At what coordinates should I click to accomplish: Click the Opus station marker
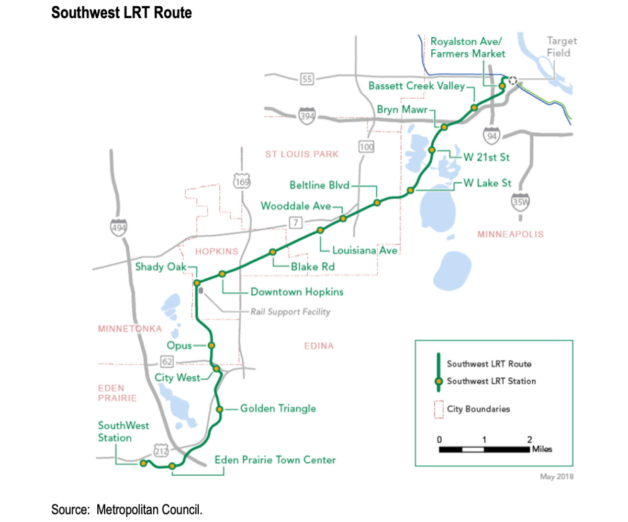[x=211, y=346]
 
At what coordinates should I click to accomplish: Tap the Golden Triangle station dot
[x=220, y=409]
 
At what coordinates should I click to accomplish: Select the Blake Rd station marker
[x=272, y=252]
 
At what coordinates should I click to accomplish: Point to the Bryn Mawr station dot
[x=444, y=127]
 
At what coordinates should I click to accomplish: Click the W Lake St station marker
[x=411, y=190]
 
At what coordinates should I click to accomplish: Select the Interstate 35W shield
[x=520, y=202]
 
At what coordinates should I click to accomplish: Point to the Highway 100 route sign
[x=366, y=147]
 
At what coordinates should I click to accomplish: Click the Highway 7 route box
[x=296, y=224]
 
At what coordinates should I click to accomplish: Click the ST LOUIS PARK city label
[x=302, y=154]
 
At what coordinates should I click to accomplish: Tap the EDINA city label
[x=318, y=346]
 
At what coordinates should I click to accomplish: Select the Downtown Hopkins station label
[x=297, y=292]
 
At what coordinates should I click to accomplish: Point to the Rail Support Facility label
[x=290, y=312]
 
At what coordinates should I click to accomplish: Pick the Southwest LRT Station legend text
[x=491, y=382]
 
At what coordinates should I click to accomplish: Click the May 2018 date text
[x=557, y=476]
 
